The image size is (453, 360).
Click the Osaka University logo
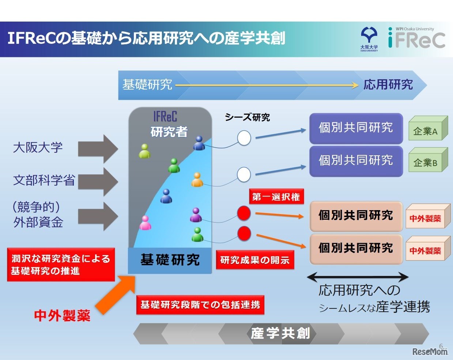coord(369,39)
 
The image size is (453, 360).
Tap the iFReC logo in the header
coord(416,38)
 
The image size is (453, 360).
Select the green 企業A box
coord(427,129)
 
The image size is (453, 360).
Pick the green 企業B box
coord(427,161)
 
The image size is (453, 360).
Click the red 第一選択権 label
coord(276,197)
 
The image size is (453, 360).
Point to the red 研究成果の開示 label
coord(255,260)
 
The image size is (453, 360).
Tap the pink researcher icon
coord(145,223)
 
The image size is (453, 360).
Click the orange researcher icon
coord(197,180)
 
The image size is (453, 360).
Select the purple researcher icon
coord(196,215)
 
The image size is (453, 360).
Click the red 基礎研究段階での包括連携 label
coord(200,305)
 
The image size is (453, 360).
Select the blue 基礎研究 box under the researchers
coord(170,260)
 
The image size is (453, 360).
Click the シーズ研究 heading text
coord(247,117)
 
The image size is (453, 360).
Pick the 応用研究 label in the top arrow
coord(388,85)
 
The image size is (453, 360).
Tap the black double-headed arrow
coord(358,277)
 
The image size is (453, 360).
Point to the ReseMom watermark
coord(430,352)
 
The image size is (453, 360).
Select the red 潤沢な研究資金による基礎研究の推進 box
coord(61,265)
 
